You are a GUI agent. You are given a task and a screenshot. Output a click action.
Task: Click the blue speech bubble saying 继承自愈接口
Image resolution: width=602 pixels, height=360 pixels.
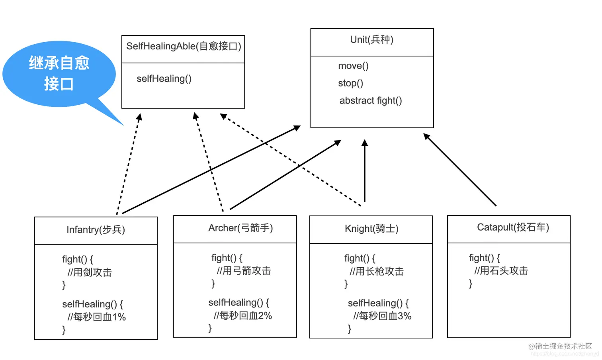[59, 74]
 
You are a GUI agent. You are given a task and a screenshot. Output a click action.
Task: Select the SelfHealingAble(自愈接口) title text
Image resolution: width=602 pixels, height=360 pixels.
[184, 46]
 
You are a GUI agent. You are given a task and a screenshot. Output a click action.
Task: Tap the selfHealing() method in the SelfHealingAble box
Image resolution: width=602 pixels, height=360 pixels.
[164, 78]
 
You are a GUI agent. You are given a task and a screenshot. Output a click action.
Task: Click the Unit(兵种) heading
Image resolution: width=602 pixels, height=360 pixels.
[371, 39]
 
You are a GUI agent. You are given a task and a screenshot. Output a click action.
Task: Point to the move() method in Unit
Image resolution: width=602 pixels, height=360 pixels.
[353, 66]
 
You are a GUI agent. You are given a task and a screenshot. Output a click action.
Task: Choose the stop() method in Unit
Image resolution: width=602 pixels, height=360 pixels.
[350, 83]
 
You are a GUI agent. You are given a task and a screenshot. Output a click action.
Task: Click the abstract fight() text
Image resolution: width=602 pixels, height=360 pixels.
[370, 101]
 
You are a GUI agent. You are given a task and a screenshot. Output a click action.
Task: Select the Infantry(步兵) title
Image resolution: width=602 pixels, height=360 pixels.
[96, 230]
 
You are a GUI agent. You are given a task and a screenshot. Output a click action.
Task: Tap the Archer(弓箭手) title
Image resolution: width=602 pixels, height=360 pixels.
[240, 228]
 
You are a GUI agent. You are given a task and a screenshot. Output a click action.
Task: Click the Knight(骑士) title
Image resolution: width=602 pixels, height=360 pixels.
[371, 229]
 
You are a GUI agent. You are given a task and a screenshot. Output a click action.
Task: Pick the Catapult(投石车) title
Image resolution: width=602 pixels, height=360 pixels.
[513, 227]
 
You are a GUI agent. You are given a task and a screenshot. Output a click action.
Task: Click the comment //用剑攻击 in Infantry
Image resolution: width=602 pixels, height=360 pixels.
[90, 272]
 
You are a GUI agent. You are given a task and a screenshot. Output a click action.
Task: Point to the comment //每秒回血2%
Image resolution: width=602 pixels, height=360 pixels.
[243, 316]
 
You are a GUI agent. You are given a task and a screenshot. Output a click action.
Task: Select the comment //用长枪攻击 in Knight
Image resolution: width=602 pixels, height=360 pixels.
[377, 272]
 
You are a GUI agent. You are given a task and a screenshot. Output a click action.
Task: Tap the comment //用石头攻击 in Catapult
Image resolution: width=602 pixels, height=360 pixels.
[501, 271]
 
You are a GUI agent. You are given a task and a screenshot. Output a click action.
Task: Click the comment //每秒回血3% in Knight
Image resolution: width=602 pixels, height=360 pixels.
[382, 316]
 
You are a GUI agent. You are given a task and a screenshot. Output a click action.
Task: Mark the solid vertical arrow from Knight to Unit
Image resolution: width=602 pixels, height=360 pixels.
[364, 171]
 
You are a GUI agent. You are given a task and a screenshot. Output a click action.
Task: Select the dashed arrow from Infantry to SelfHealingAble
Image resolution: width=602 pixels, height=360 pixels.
[128, 163]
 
